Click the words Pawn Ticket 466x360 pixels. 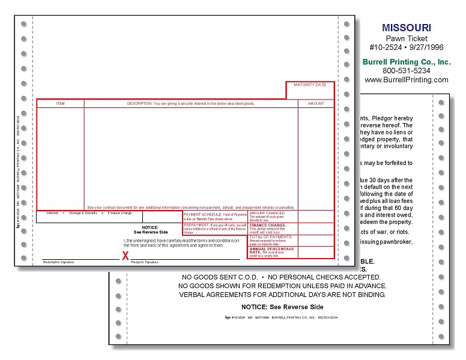407,38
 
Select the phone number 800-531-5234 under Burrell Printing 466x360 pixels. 406,70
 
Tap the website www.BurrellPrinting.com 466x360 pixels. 407,80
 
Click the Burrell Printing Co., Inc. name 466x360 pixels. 407,61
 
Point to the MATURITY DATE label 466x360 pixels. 310,85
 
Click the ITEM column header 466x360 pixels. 60,104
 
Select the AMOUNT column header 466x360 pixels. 316,104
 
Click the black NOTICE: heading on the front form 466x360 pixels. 151,227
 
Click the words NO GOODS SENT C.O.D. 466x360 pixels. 220,277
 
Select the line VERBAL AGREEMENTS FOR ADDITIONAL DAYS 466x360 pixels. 282,295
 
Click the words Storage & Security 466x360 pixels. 83,213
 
